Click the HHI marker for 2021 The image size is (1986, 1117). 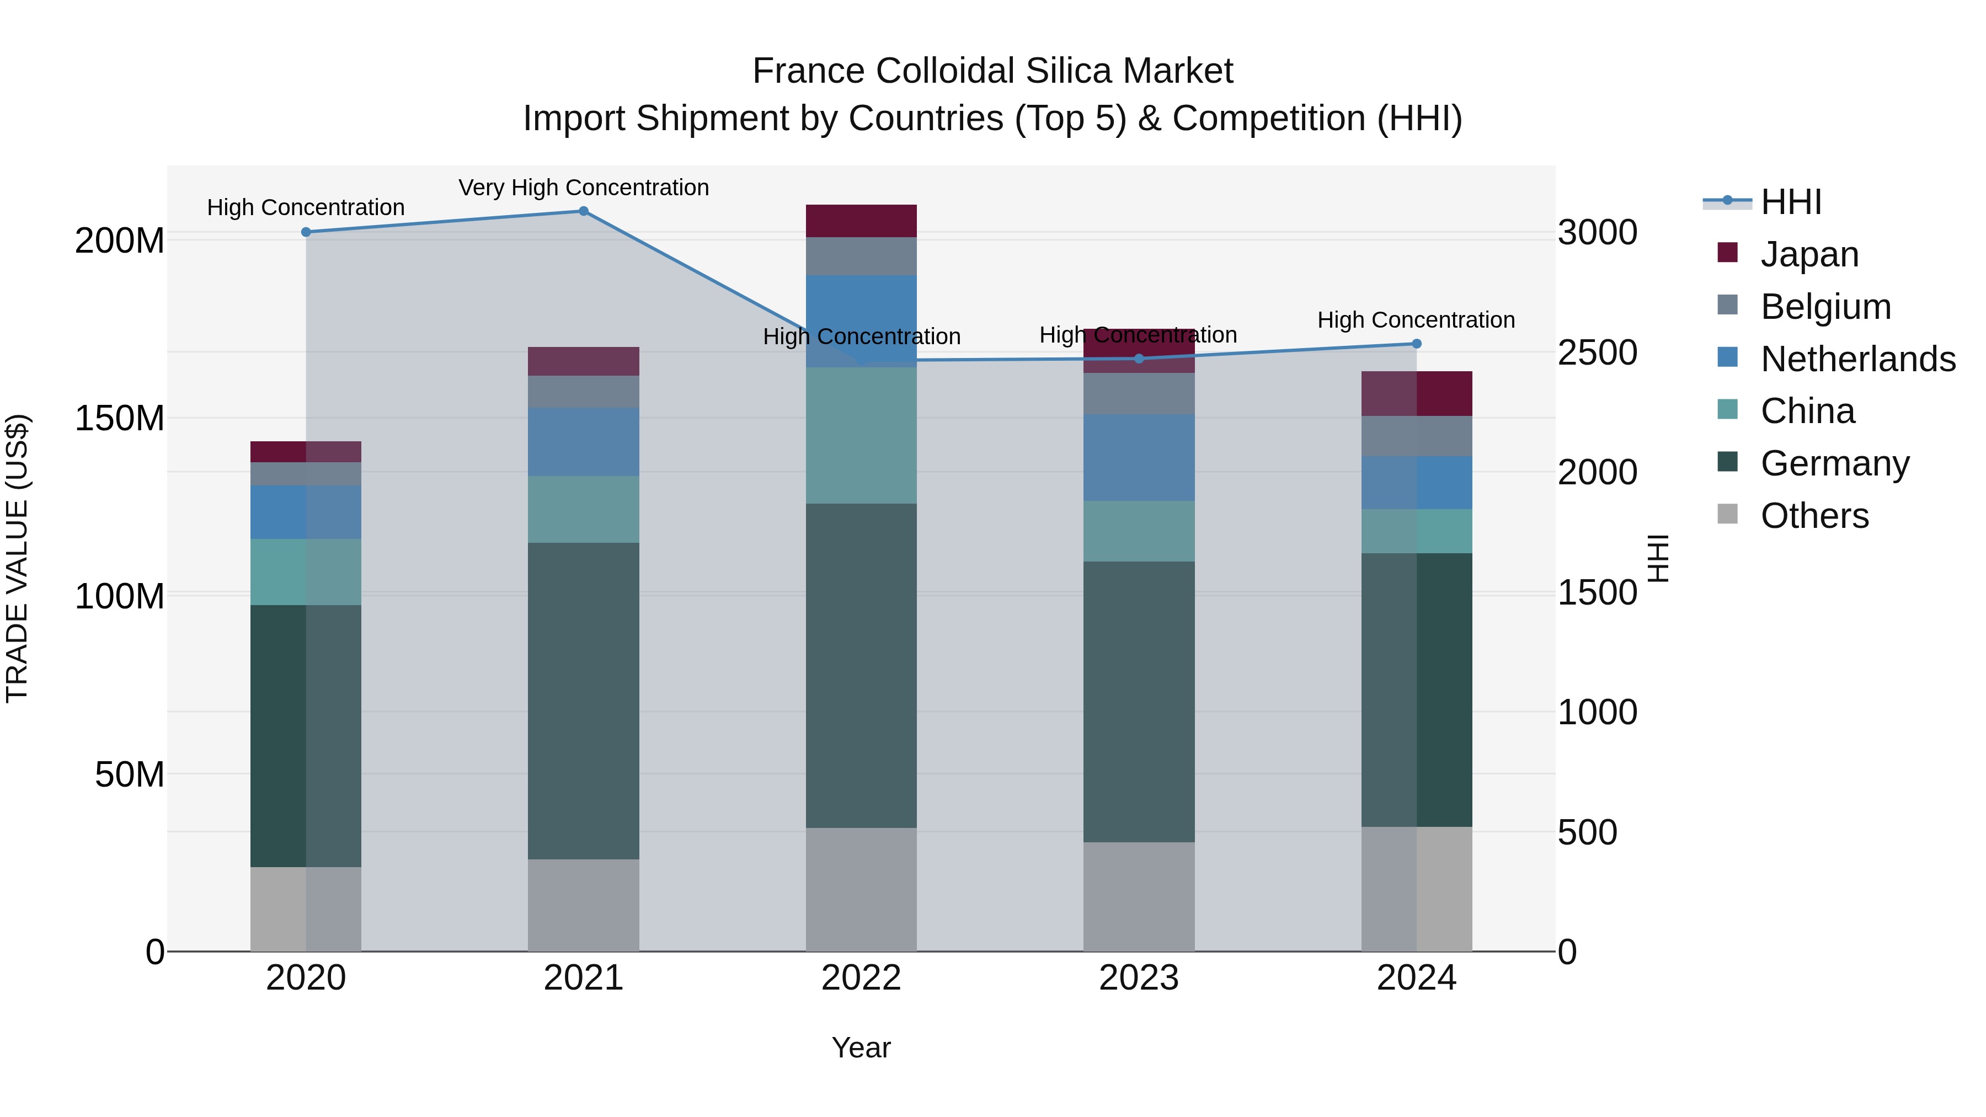tap(584, 211)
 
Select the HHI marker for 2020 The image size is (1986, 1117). tap(306, 232)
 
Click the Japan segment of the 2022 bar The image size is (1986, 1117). tap(861, 221)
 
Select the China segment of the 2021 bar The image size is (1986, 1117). tap(584, 510)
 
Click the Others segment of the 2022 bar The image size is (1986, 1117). tap(861, 890)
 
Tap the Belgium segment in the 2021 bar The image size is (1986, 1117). tap(584, 392)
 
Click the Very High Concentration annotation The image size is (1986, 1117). tap(584, 188)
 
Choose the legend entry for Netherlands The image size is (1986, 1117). tap(1858, 359)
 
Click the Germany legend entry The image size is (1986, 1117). tap(1835, 463)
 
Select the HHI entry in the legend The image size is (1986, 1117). tap(1791, 202)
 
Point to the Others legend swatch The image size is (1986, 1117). tap(1728, 514)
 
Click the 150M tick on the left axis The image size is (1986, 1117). tap(120, 419)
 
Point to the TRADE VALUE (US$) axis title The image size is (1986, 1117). tap(17, 558)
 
